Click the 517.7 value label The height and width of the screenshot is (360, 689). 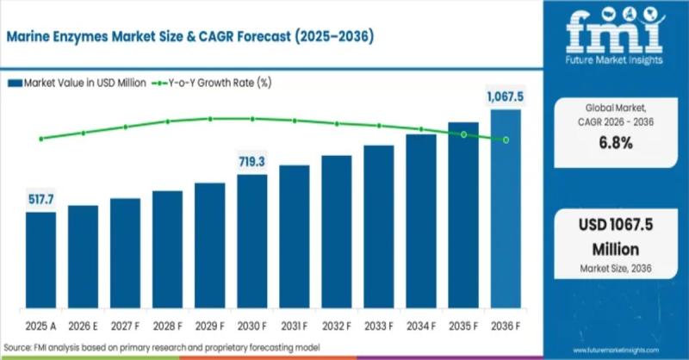(40, 200)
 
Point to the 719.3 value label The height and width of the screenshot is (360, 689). (252, 161)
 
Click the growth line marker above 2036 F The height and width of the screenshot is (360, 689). (506, 140)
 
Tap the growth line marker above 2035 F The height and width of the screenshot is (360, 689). (463, 134)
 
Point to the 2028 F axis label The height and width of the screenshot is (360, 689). (168, 328)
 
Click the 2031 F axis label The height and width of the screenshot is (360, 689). (295, 328)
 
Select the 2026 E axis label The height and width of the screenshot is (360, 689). (83, 328)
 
